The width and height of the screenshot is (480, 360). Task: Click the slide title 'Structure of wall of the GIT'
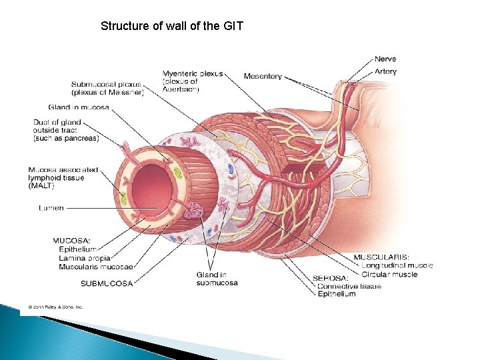coord(172,27)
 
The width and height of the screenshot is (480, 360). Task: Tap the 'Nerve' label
coord(385,59)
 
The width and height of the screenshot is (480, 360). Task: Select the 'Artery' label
coord(385,71)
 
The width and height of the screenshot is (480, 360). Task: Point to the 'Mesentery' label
coord(263,77)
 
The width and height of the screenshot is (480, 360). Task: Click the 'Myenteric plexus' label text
coord(193,73)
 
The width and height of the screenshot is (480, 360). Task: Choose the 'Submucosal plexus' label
coord(107,85)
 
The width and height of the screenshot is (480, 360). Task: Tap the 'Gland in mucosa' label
coord(79,107)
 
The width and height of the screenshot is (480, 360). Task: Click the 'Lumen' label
coord(51,208)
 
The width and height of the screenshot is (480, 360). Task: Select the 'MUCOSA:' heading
coord(72,241)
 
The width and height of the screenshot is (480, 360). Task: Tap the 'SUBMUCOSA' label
coord(107,283)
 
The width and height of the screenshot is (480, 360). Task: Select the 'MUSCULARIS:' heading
coord(381,257)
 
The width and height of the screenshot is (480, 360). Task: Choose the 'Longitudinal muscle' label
coord(397,265)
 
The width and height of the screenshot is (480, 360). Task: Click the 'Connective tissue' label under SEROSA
coord(349,286)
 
